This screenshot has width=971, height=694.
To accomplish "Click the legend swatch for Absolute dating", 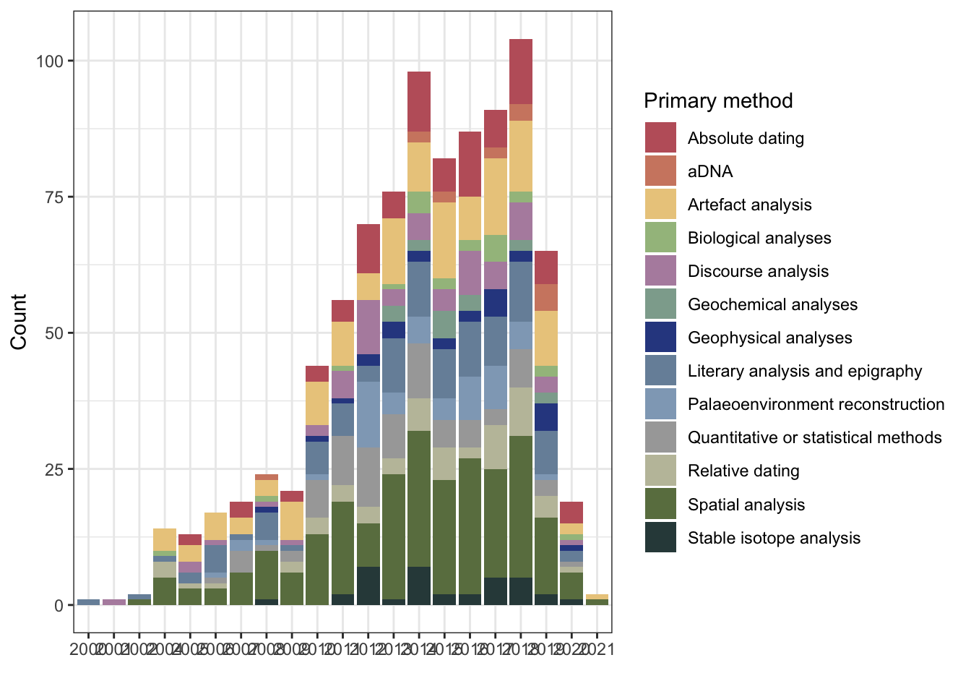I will (x=660, y=138).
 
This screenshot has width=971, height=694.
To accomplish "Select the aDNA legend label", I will (x=710, y=171).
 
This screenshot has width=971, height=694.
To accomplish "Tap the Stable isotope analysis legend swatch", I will (x=660, y=538).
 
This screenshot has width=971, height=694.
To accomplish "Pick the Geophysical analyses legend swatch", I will (x=660, y=338).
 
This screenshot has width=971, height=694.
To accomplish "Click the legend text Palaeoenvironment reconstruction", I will (x=816, y=404).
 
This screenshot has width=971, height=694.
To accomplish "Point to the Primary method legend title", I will (x=718, y=100).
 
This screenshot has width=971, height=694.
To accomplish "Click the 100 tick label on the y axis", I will (x=50, y=61).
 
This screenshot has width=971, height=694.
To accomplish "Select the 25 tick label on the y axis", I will (x=54, y=469).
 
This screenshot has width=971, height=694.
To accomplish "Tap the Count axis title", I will (x=19, y=322).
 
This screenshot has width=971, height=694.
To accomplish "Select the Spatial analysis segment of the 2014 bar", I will (x=419, y=499).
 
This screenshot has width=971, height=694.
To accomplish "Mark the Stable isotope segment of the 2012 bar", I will (x=368, y=586).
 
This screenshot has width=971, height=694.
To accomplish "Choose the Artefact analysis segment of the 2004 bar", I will (x=165, y=539).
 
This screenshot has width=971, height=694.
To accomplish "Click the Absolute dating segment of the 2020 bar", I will (x=571, y=513).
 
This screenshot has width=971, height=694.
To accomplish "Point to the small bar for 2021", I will (x=597, y=599).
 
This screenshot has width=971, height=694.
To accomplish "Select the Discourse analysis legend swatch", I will (x=660, y=271).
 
